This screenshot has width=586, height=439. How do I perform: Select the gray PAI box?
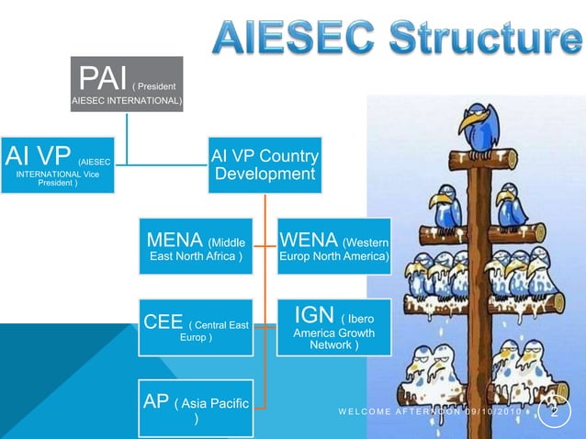click(128, 84)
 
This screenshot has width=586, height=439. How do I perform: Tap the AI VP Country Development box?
click(265, 165)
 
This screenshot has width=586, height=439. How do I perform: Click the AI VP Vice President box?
click(58, 165)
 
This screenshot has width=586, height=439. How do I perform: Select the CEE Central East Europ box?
click(196, 327)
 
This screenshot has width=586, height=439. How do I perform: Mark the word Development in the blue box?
click(265, 174)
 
